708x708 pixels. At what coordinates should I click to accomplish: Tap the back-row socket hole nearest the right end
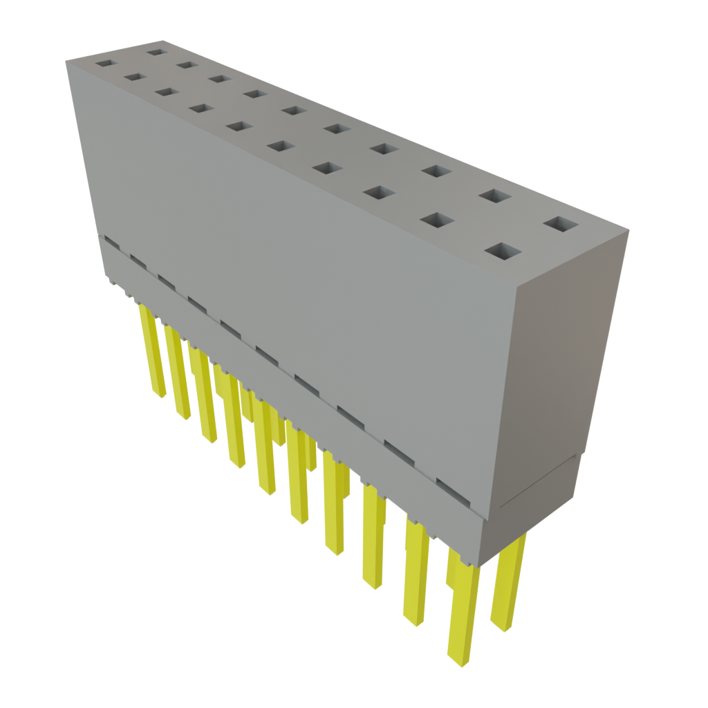pos(561,225)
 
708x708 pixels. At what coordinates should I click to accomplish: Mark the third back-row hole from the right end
pos(434,170)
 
